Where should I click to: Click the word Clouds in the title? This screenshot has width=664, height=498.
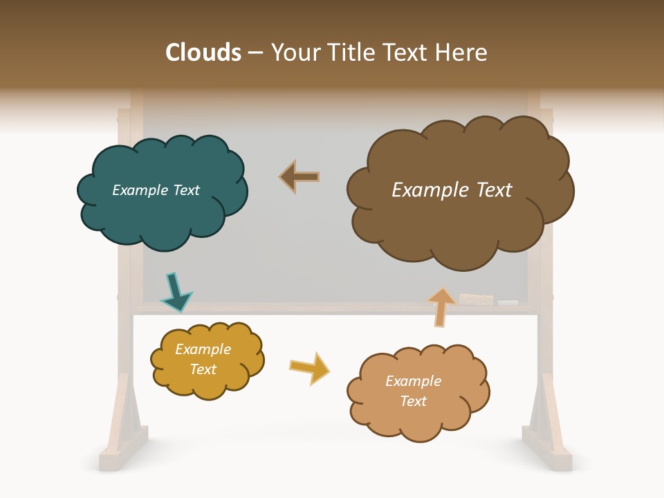(203, 52)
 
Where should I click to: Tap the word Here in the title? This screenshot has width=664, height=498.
(463, 52)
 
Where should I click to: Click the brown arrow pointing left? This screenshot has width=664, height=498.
(300, 177)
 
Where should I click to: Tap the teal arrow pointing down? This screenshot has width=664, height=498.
(176, 293)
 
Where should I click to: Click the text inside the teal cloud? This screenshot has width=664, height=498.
(156, 190)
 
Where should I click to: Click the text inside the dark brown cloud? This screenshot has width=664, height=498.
(452, 190)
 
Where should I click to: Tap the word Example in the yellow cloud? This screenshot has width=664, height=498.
(203, 349)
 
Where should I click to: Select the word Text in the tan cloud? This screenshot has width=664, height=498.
(413, 401)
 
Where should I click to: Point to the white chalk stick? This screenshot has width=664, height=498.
(508, 303)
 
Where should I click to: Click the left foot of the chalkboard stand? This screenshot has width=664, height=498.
(125, 443)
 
